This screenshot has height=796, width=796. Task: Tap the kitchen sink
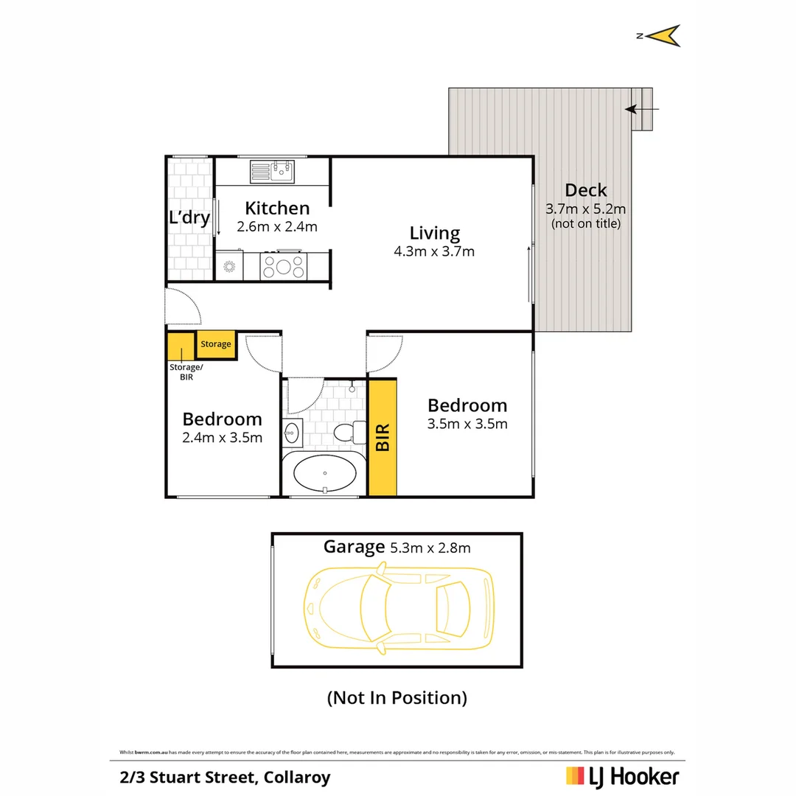point(271,172)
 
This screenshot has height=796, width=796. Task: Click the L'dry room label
point(190,218)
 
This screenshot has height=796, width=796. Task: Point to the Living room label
point(435,234)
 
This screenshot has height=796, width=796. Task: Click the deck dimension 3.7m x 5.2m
point(585,208)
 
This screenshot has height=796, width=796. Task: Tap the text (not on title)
point(586,223)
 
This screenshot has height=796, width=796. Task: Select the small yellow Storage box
point(216,344)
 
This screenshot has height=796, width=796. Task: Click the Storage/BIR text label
point(185,371)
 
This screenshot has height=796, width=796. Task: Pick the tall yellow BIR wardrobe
point(383,437)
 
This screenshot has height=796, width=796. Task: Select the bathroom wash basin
point(290,433)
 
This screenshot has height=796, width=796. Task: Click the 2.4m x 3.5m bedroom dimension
point(223,438)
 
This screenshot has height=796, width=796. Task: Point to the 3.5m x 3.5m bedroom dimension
point(467,424)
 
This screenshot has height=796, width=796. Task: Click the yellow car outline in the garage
point(398,607)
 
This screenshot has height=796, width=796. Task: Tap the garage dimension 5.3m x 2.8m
point(429,547)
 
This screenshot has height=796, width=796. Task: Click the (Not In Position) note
point(397,697)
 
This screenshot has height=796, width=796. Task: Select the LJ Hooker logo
point(622,776)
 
